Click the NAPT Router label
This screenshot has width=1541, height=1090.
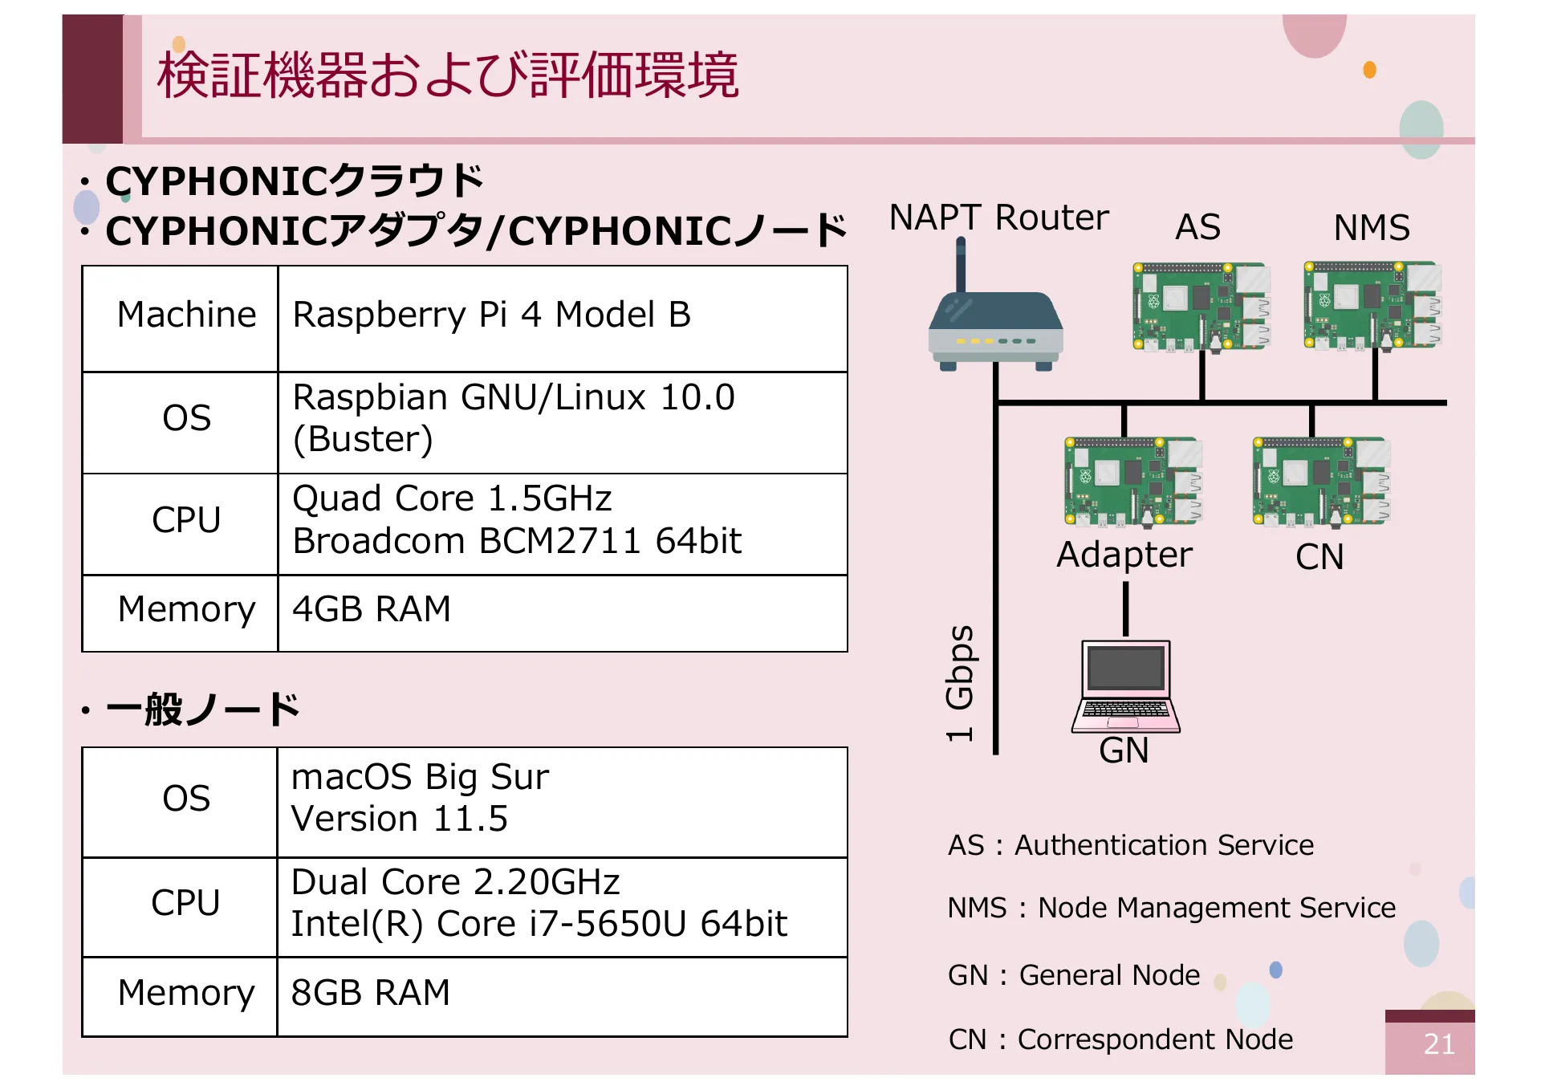pyautogui.click(x=998, y=218)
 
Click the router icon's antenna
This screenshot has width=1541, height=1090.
pyautogui.click(x=961, y=265)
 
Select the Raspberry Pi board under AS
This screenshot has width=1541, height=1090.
pyautogui.click(x=1201, y=307)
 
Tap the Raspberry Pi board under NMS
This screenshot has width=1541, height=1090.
pyautogui.click(x=1372, y=305)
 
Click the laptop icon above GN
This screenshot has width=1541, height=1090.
pyautogui.click(x=1125, y=686)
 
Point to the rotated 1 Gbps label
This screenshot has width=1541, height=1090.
pyautogui.click(x=960, y=682)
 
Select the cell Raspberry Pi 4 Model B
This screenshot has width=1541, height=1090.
pyautogui.click(x=491, y=315)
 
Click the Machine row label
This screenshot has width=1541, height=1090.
pyautogui.click(x=186, y=315)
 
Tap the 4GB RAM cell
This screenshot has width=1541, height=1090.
pyautogui.click(x=372, y=609)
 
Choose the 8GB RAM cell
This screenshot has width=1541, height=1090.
pyautogui.click(x=371, y=993)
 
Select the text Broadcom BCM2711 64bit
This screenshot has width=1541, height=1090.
pyautogui.click(x=517, y=542)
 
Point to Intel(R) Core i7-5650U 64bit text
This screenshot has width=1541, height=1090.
pyautogui.click(x=539, y=924)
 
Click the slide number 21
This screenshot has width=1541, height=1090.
pyautogui.click(x=1438, y=1044)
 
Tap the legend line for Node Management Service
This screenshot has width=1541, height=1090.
pyautogui.click(x=1171, y=908)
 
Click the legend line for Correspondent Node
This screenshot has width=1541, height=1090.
pyautogui.click(x=1120, y=1039)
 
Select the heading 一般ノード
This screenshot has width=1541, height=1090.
pyautogui.click(x=202, y=710)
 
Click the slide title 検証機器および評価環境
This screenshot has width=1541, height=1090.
pyautogui.click(x=448, y=75)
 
